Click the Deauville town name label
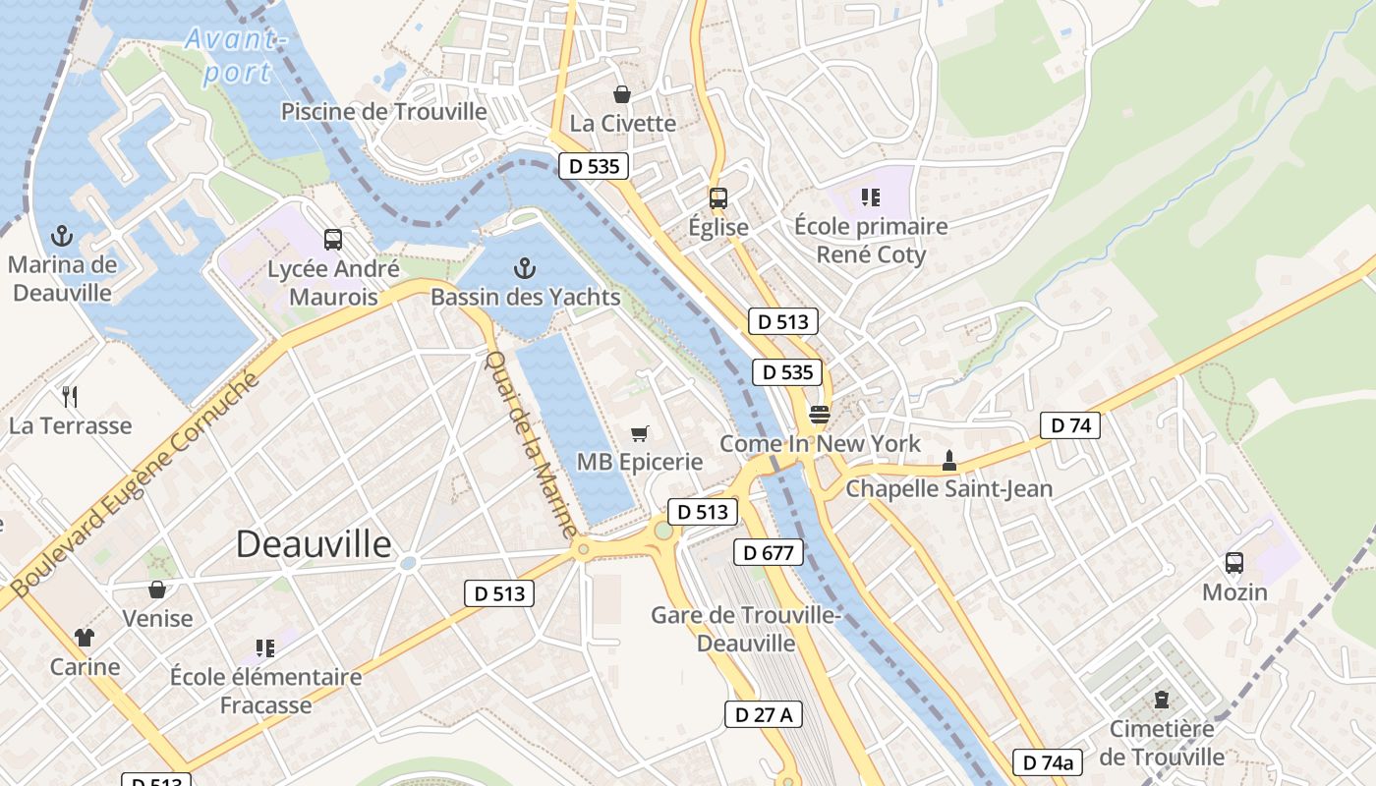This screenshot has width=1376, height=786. coord(314,544)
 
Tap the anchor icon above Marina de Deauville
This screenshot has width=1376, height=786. coord(62,236)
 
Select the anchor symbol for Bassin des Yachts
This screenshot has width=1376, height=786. coord(525,268)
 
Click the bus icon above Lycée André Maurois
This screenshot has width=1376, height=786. coord(333,239)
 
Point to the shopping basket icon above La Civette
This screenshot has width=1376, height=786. coord(622,94)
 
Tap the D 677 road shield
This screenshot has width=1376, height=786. coord(768,552)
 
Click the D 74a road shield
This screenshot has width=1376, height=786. coord(1047,761)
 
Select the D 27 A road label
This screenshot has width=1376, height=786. coord(764,714)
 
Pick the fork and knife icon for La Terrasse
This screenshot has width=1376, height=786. coord(70,397)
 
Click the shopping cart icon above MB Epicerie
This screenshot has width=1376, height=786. coord(640,432)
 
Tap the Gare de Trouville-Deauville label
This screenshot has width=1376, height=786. coord(746,629)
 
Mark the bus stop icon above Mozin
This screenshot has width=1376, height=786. coord(1234,563)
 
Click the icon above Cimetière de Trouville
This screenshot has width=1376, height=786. coord(1162,701)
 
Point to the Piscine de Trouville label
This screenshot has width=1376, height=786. coord(384,111)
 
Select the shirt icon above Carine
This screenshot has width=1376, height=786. coord(85,638)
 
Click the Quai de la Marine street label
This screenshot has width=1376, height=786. coord(531,444)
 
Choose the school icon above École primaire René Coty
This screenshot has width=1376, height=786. coord(870,197)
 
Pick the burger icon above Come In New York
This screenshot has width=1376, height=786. coord(820,415)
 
